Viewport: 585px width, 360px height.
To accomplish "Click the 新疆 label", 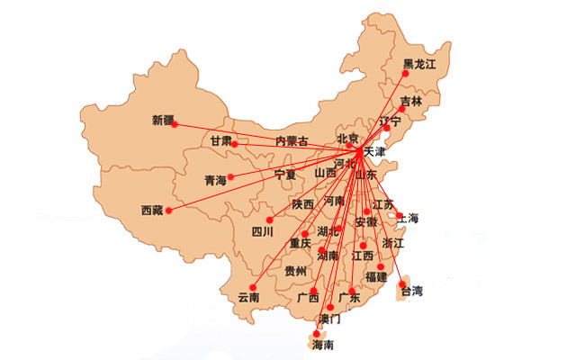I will point(163,120).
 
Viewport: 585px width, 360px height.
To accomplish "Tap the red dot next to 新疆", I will point(175,124).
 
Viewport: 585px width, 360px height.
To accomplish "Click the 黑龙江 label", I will point(418,64).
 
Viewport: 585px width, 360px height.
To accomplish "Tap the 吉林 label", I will point(411,101).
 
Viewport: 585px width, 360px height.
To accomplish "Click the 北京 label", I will point(347,138).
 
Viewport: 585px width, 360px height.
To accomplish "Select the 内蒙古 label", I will point(292,140).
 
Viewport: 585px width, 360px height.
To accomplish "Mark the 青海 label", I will point(215,180).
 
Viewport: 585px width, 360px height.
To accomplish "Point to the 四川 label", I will point(262,230).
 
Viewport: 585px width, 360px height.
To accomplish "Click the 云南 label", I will point(248,296).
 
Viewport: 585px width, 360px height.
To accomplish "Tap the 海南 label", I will point(322,345).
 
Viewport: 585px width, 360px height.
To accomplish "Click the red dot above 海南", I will point(316,333).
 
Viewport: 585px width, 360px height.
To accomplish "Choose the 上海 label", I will point(408,218).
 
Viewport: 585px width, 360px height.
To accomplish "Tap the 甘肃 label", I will point(220,140).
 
